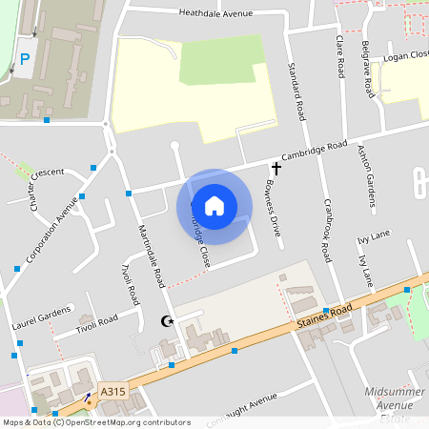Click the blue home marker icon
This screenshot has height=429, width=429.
pos(214,205)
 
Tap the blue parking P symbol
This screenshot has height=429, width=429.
pos(25,59)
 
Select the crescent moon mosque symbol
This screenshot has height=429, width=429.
pos(169,322)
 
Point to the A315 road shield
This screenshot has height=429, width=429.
pos(112,390)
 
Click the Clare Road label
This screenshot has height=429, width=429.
pos(340,55)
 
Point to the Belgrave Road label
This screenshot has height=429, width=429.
pos(367,70)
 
